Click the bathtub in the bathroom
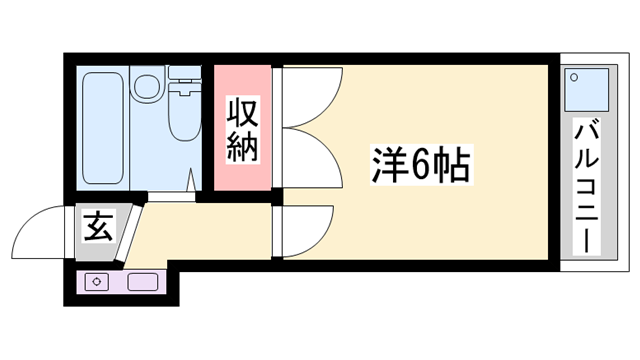(103, 128)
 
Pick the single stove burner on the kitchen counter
(98, 281)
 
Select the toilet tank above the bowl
(184, 77)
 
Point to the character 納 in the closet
(241, 148)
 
